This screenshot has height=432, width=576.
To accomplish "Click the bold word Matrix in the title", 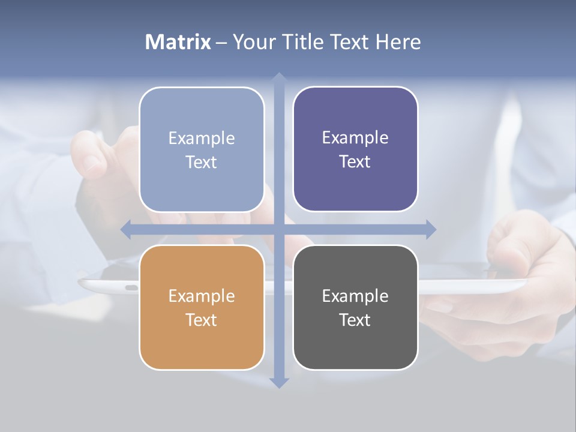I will coord(178,42).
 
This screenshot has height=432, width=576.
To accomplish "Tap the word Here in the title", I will coord(398,42).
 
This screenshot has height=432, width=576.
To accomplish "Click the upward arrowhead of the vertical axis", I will coord(278,78).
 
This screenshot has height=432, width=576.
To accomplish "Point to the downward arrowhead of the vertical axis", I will coord(278,383).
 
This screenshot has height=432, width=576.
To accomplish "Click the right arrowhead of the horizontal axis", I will coord(431,230).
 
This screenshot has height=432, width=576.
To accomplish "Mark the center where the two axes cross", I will coord(278,230).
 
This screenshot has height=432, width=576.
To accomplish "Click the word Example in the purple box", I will coord(355,138).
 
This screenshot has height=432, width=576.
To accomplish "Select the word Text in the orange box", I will coord(202,320).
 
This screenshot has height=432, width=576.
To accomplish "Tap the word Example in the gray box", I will coord(355,296).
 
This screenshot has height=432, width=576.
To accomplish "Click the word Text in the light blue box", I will coord(202,162).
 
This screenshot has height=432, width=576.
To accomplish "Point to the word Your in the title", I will coord(251,42).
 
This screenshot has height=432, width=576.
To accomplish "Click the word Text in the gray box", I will coord(355,320).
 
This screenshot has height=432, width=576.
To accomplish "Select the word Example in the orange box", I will coord(202,296).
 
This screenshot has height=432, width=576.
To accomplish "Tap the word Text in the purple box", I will coord(355,161).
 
